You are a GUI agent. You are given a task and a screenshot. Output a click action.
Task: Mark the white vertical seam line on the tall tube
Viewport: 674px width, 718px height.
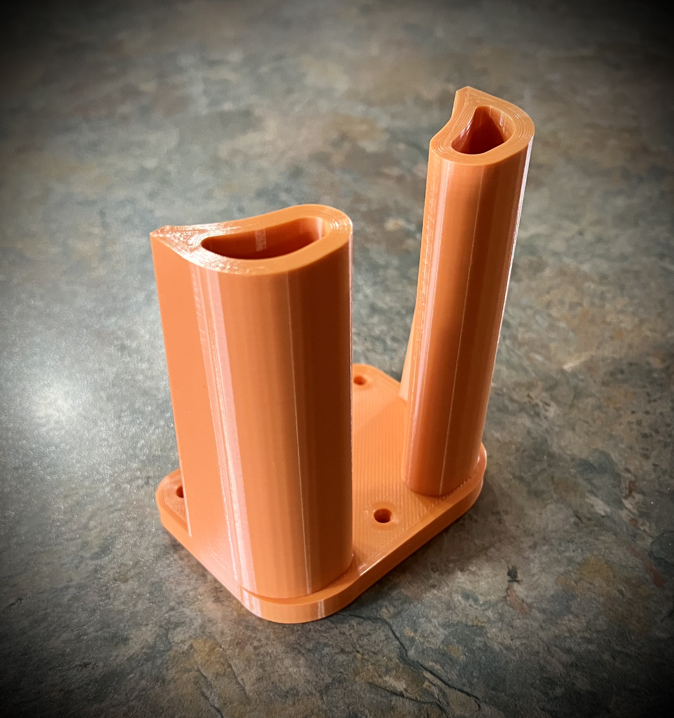(x=458, y=325)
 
